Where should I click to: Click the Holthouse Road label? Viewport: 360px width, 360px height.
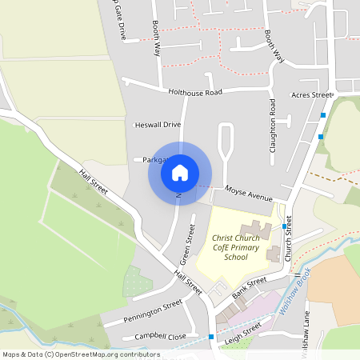coord(194,92)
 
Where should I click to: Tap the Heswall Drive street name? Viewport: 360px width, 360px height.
coord(158,125)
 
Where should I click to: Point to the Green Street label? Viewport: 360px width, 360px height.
coord(187,249)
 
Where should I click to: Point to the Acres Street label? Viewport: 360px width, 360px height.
coord(311,95)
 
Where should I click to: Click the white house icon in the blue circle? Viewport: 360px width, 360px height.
coord(180,173)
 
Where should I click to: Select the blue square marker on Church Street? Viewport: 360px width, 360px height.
coord(285,226)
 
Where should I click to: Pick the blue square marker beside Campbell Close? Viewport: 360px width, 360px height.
coord(211,337)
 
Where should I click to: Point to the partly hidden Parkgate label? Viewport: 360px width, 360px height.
coord(153,160)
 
